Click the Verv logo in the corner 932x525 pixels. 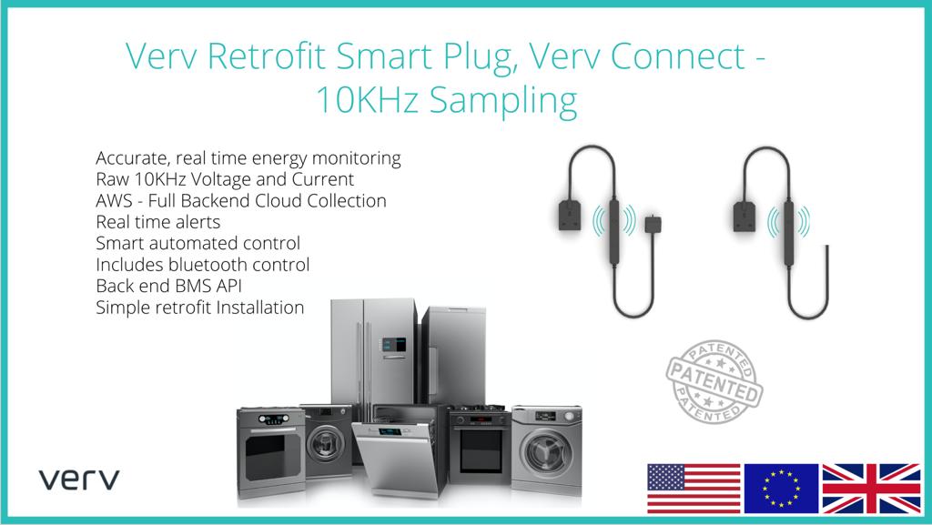click(79, 480)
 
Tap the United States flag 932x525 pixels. click(694, 488)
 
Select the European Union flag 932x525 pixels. click(781, 488)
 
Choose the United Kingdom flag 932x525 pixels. click(871, 488)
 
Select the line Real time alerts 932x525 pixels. click(157, 222)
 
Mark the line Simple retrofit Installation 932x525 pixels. click(199, 308)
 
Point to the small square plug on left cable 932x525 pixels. click(652, 224)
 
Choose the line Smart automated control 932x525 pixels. click(198, 244)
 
